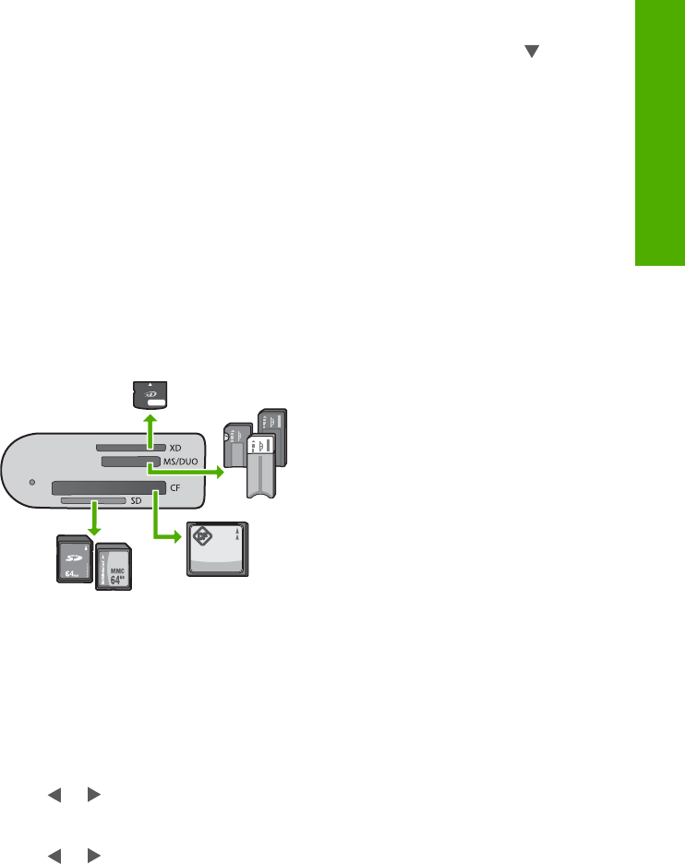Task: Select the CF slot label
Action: [x=174, y=486]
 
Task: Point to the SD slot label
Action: [x=137, y=499]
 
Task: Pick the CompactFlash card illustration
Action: [x=218, y=548]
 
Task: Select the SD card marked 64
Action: [x=74, y=558]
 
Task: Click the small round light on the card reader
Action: [x=34, y=482]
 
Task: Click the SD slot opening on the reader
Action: [x=93, y=499]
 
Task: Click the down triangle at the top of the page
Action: [x=531, y=54]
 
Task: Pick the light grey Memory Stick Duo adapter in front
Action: [x=262, y=462]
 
